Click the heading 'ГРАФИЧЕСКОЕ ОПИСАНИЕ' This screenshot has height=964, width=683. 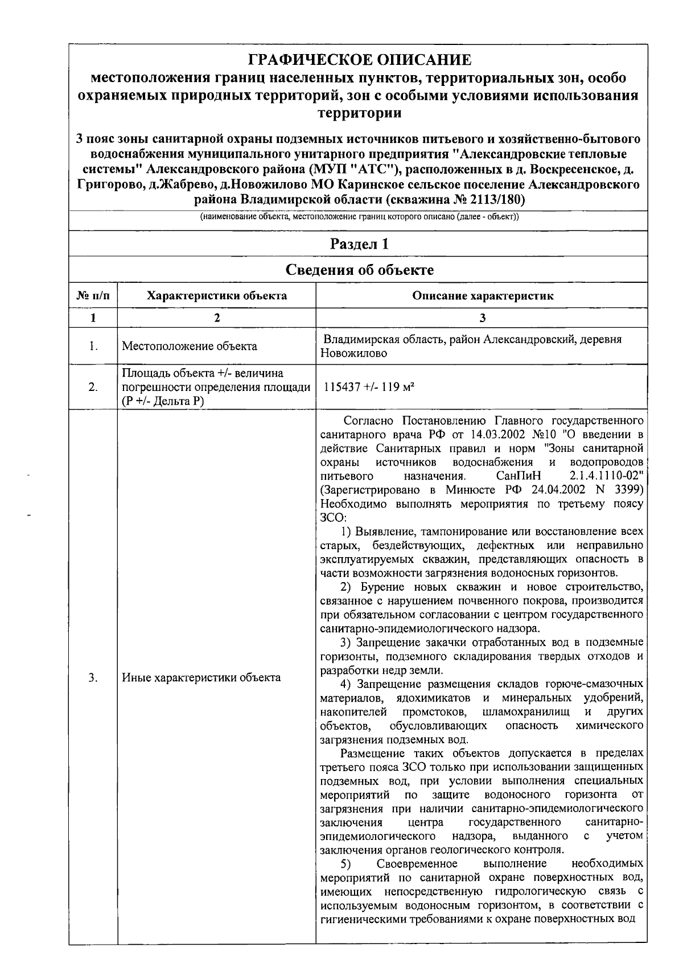[361, 60]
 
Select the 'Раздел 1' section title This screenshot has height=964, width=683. [360, 244]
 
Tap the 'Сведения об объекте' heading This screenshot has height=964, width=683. [360, 270]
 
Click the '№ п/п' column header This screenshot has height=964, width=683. [93, 295]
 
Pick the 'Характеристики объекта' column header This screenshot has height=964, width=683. [217, 295]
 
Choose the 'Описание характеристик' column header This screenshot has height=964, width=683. [483, 295]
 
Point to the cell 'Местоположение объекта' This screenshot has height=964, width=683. [190, 346]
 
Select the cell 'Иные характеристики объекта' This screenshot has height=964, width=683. [201, 677]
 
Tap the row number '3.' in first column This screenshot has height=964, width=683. [93, 677]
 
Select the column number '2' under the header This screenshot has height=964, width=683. [217, 318]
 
